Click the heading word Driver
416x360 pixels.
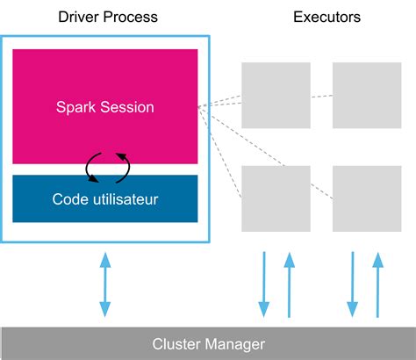[x=79, y=17]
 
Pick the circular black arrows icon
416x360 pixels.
[x=106, y=165]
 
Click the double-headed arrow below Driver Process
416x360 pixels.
[x=105, y=284]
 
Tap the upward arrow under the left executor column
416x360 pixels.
[x=288, y=284]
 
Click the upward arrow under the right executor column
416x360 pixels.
[x=378, y=284]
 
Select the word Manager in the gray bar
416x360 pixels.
[x=235, y=343]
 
